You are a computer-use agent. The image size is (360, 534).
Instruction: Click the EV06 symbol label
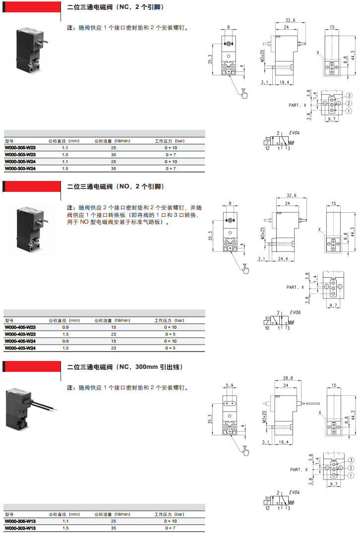pyautogui.click(x=296, y=312)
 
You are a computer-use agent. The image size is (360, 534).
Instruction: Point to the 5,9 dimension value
pyautogui.click(x=229, y=385)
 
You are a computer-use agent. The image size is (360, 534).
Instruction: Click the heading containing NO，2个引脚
pyautogui.click(x=115, y=187)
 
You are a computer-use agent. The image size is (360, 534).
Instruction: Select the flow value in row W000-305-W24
pyautogui.click(x=113, y=162)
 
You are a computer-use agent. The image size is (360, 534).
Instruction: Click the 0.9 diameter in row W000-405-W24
pyautogui.click(x=65, y=341)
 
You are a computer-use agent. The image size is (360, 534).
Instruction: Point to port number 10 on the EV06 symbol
pyautogui.click(x=267, y=328)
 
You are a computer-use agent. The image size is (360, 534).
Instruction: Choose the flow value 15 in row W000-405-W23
pyautogui.click(x=113, y=327)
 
